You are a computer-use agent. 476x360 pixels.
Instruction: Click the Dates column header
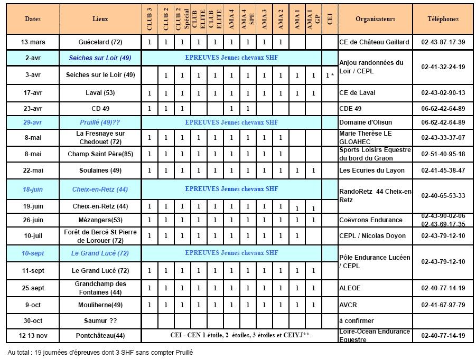pyautogui.click(x=33, y=19)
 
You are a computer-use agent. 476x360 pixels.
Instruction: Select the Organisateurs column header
pyautogui.click(x=375, y=19)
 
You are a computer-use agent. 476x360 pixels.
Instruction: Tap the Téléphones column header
pyautogui.click(x=443, y=19)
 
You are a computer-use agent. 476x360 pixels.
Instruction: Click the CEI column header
pyautogui.click(x=330, y=19)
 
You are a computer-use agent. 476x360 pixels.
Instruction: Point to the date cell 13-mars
pyautogui.click(x=33, y=42)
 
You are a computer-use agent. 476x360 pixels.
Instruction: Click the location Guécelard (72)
pyautogui.click(x=100, y=42)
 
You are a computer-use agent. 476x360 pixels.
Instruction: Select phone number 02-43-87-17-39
pyautogui.click(x=443, y=42)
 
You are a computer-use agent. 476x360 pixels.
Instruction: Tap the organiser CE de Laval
pyautogui.click(x=357, y=93)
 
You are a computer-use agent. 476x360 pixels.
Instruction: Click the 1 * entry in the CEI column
pyautogui.click(x=330, y=75)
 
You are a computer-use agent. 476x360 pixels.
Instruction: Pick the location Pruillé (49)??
pyautogui.click(x=100, y=122)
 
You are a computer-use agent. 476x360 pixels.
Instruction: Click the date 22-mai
pyautogui.click(x=33, y=170)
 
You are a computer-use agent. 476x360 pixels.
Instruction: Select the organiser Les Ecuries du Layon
pyautogui.click(x=372, y=170)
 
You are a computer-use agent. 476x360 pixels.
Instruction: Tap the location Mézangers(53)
pyautogui.click(x=100, y=220)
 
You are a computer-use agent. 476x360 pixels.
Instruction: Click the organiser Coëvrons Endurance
pyautogui.click(x=371, y=220)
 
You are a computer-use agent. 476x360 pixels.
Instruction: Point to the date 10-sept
pyautogui.click(x=33, y=253)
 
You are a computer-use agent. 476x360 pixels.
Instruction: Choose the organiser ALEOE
pyautogui.click(x=350, y=289)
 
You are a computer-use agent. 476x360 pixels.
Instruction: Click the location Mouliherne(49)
pyautogui.click(x=100, y=305)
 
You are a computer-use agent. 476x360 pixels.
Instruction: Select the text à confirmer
pyautogui.click(x=357, y=321)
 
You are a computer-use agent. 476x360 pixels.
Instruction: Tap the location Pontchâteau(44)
pyautogui.click(x=100, y=336)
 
